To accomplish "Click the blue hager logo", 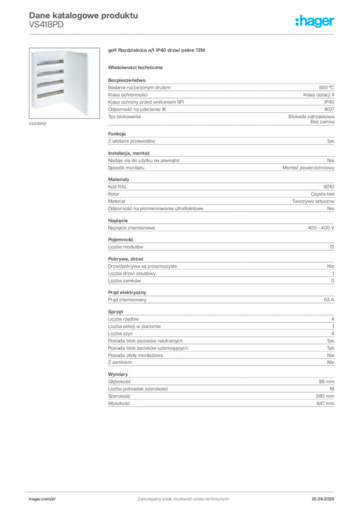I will [x=316, y=22].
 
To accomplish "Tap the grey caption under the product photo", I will [x=38, y=124].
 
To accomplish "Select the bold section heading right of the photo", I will [x=157, y=51].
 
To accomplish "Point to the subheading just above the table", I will [x=137, y=67].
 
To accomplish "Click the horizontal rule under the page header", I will [x=183, y=33].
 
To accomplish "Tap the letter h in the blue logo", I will [x=298, y=22].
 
